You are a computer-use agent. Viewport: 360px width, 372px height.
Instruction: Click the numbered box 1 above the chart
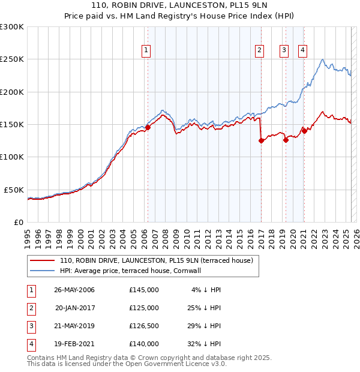point(146,50)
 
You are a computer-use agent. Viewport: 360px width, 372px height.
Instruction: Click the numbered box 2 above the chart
point(260,50)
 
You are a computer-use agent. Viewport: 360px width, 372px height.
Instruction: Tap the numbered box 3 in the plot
point(284,50)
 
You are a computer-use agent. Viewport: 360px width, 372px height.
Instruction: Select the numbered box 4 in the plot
point(302,50)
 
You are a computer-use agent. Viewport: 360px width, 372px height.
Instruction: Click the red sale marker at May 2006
point(148,127)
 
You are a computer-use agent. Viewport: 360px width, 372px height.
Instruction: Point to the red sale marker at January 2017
point(261,141)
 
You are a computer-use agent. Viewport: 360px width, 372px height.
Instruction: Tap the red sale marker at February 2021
point(304,131)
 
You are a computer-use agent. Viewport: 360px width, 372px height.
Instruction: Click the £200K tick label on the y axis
point(12,92)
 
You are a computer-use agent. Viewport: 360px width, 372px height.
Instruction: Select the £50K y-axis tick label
point(14,190)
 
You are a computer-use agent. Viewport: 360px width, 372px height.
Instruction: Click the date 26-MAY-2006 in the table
point(74,290)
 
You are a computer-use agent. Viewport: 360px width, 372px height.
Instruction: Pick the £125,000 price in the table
point(143,308)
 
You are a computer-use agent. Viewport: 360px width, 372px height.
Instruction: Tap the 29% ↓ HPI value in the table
point(203,326)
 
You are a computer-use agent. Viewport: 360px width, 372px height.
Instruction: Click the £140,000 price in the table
point(143,344)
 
